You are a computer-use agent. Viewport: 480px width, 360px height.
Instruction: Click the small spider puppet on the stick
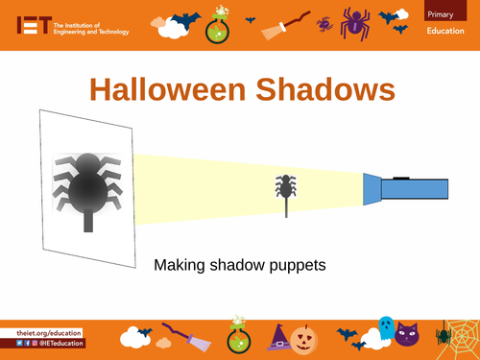(286, 188)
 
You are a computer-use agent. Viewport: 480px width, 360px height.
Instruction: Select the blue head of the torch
(372, 188)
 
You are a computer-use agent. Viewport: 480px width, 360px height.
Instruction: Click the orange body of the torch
(414, 188)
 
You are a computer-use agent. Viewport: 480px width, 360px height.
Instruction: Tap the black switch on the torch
(401, 176)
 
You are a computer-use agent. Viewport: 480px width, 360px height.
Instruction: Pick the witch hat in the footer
(280, 337)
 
